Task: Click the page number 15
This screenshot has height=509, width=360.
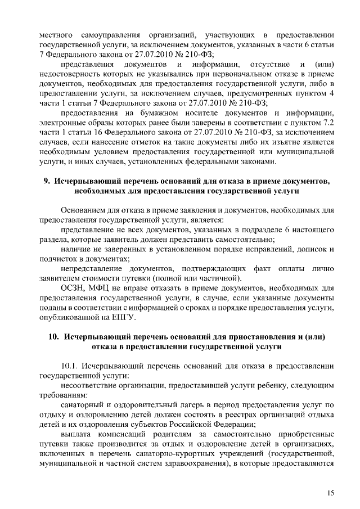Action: (330, 493)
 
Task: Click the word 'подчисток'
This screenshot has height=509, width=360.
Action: (57, 259)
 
